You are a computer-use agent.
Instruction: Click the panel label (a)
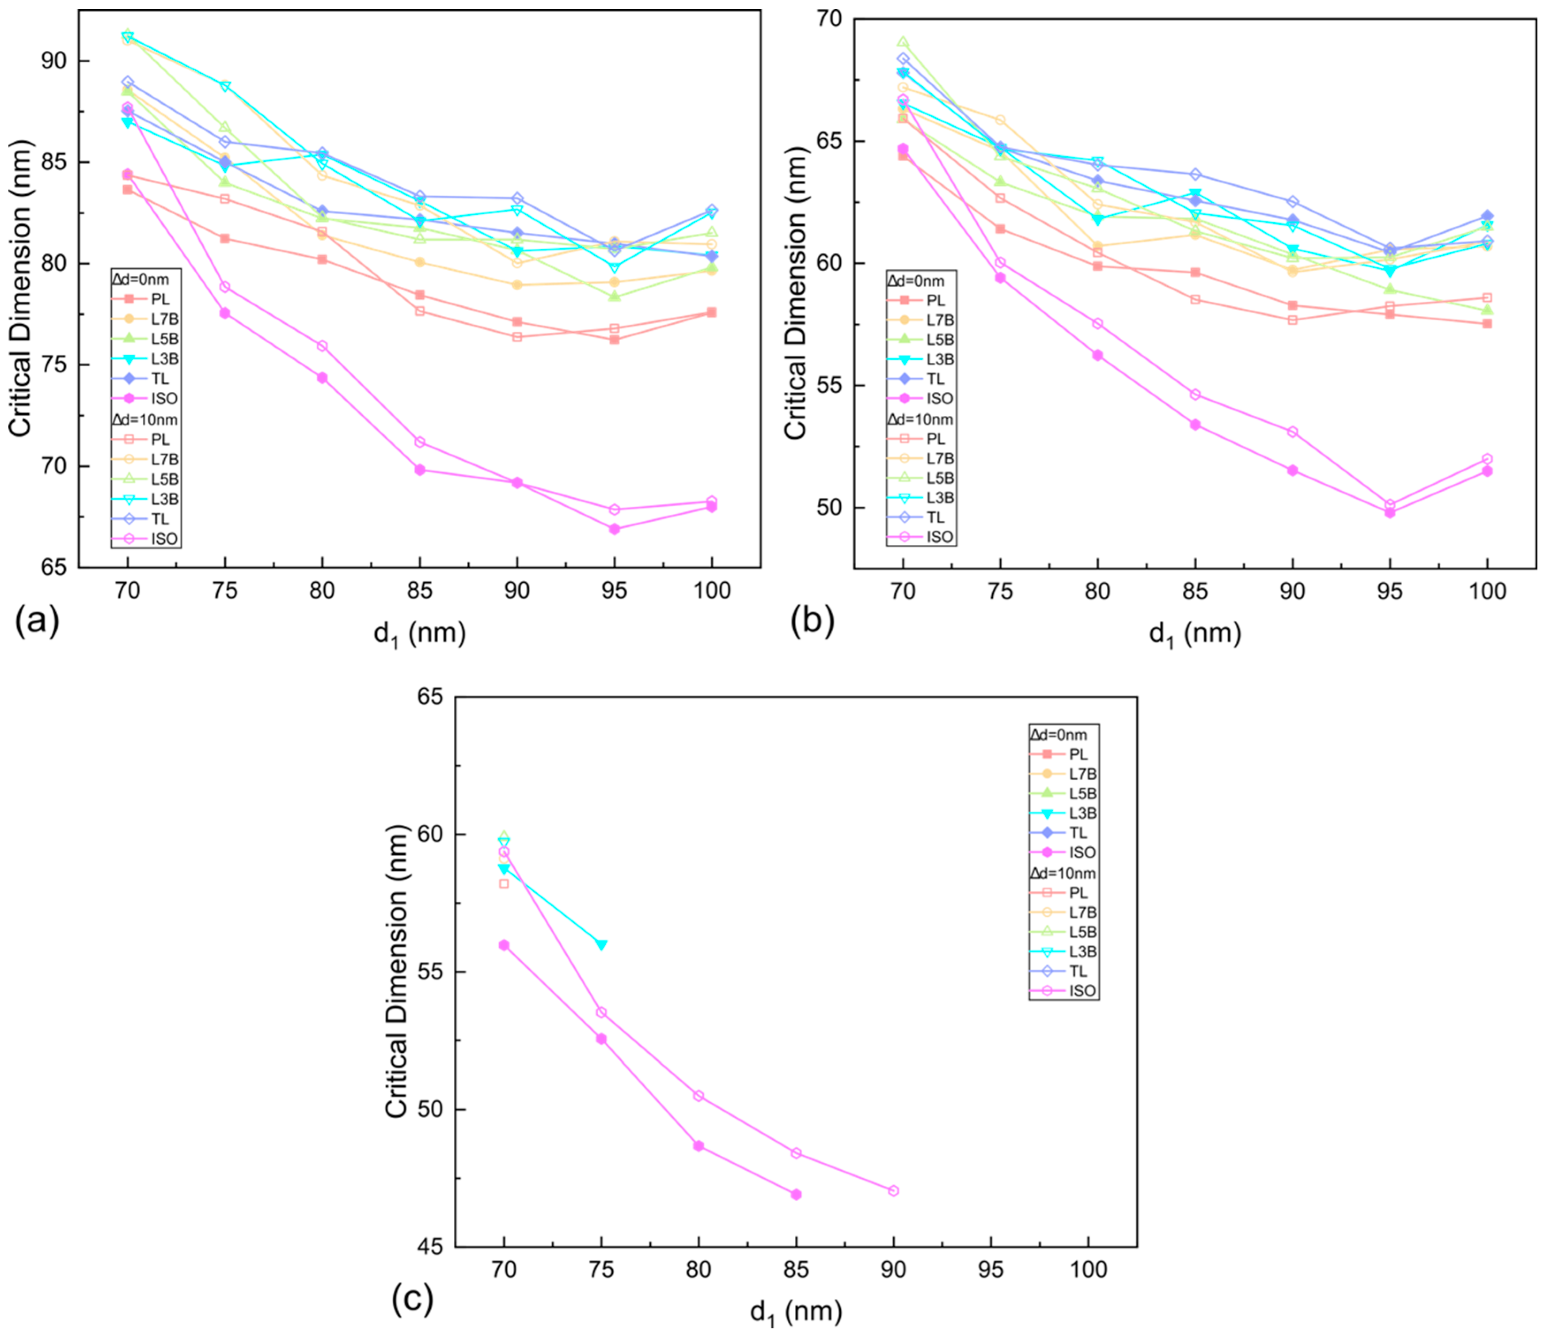[36, 622]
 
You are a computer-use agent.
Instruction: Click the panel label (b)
[812, 622]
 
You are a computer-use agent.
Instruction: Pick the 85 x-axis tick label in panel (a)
[419, 591]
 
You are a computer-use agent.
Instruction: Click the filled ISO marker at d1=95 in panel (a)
[614, 529]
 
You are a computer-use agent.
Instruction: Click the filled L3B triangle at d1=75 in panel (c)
[601, 945]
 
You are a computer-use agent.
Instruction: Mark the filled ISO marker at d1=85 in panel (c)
[796, 1195]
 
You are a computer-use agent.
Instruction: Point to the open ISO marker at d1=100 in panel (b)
[1487, 459]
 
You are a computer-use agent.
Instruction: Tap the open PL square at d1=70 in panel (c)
[504, 884]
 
